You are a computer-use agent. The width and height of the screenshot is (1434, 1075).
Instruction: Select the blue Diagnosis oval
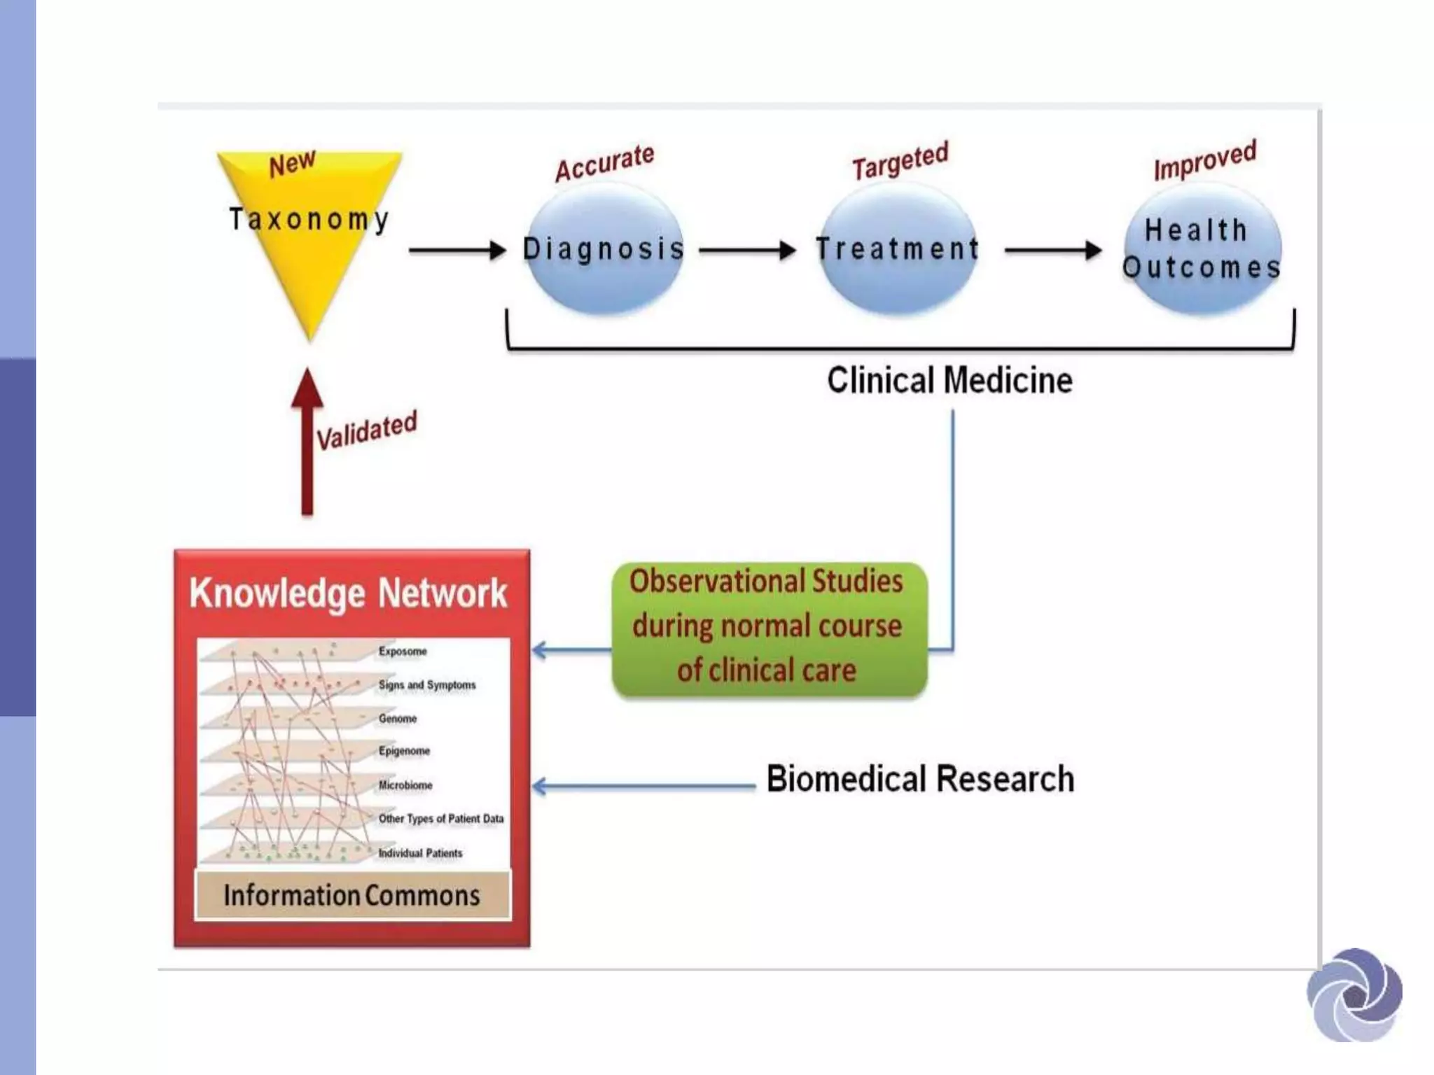coord(604,249)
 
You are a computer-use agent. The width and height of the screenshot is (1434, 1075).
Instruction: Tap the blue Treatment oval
coord(898,249)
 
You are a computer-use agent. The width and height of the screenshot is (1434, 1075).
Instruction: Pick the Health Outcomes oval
coord(1202,249)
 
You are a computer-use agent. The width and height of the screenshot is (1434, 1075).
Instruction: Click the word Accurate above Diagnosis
coord(604,162)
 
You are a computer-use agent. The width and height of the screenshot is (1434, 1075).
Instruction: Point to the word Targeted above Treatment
coord(900,160)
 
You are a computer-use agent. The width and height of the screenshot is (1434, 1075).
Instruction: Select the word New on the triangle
coord(292,164)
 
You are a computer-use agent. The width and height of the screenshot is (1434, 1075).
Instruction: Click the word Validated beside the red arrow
coord(366,430)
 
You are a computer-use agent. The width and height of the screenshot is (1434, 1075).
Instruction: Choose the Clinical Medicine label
coord(949,381)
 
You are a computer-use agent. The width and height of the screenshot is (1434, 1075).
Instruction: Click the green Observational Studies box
coord(769,627)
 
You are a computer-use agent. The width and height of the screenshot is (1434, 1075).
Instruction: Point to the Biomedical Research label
coord(920,779)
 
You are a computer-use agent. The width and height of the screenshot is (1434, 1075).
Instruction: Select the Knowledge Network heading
coord(348,593)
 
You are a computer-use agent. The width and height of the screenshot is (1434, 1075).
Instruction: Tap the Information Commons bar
coord(352,895)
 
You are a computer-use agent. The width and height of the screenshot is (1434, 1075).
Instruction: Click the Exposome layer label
coord(403,652)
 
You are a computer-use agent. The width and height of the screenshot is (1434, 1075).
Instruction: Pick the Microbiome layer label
coord(405,785)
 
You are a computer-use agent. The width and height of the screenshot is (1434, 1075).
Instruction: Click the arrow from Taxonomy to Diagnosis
coord(457,250)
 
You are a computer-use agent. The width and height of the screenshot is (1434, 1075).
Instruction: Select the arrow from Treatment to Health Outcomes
coord(1052,250)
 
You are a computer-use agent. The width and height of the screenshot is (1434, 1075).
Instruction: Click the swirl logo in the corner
coord(1354,995)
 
